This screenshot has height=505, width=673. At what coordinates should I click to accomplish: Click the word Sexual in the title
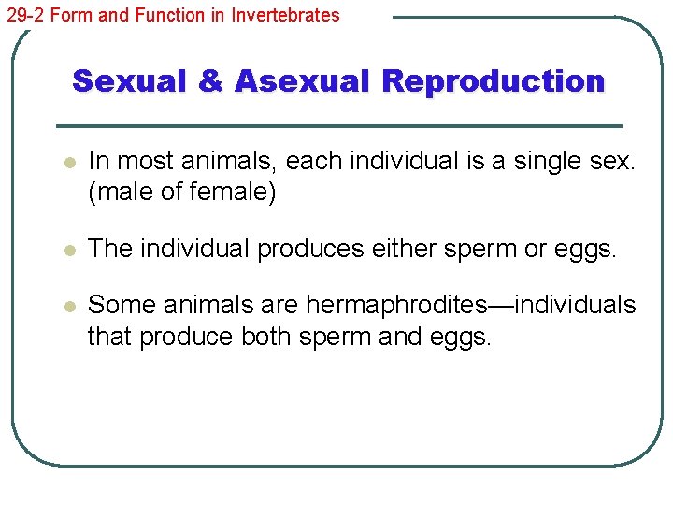(x=131, y=81)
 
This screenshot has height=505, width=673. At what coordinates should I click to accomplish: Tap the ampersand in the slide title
(x=212, y=81)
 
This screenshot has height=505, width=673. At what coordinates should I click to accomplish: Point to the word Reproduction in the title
(x=494, y=81)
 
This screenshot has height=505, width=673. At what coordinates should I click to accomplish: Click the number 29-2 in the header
(x=25, y=15)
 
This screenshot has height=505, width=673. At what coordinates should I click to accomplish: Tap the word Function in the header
(x=163, y=15)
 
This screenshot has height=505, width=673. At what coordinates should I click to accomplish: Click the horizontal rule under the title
(x=339, y=125)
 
